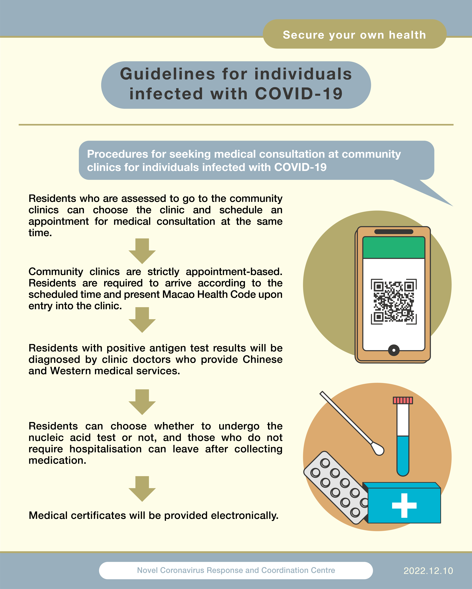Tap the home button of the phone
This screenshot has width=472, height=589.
394,350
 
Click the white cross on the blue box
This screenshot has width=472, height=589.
404,505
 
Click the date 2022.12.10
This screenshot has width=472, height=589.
428,571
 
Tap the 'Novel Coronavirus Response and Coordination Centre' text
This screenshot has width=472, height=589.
236,570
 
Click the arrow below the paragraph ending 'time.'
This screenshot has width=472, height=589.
142,251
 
